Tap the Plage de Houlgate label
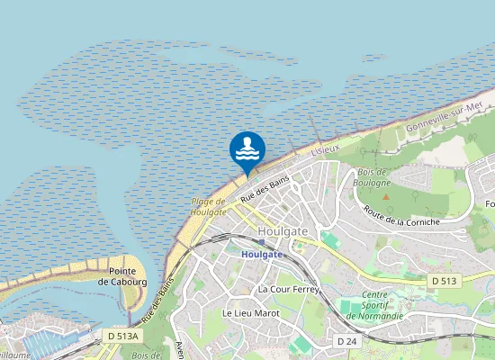click(208, 206)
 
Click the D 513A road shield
click(123, 336)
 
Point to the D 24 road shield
click(347, 341)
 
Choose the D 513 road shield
click(443, 282)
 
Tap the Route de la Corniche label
click(401, 216)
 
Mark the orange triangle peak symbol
click(385, 195)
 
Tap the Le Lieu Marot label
click(250, 313)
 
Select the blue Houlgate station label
click(262, 254)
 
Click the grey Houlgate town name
click(282, 231)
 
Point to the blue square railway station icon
click(262, 242)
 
